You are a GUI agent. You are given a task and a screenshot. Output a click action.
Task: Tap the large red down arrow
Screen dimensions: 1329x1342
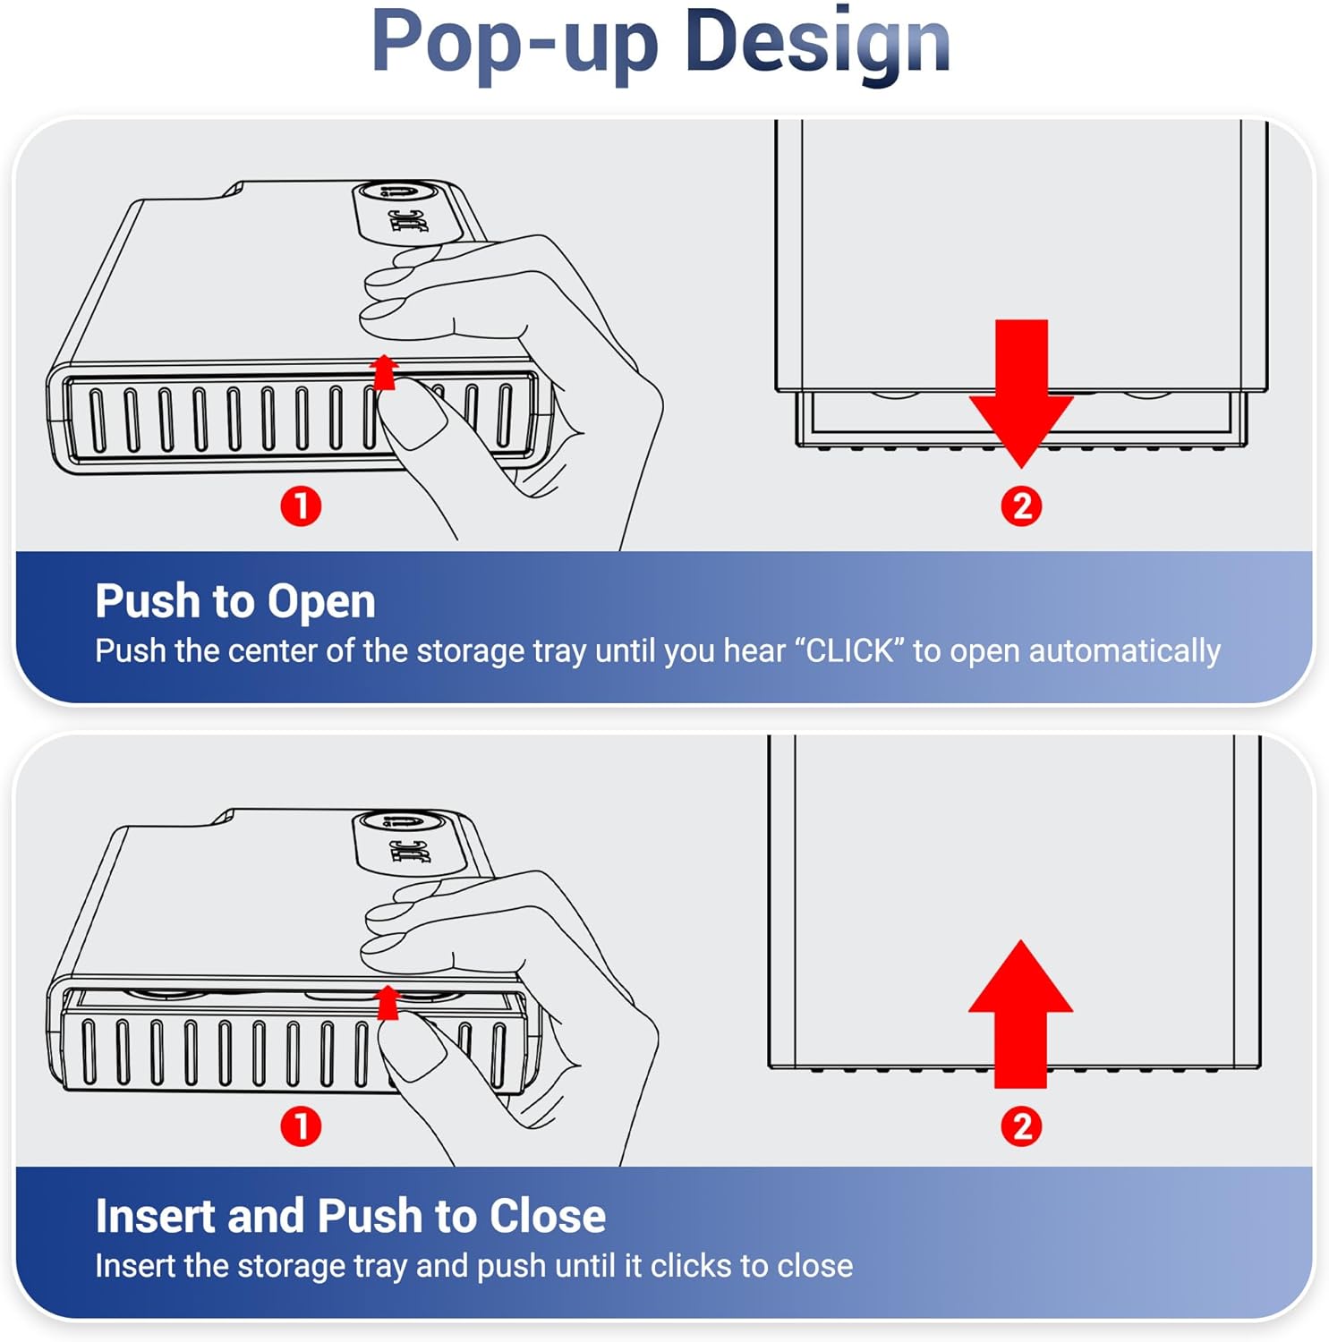[1020, 394]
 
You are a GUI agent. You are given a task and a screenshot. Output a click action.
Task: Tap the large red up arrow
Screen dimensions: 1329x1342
[1020, 1014]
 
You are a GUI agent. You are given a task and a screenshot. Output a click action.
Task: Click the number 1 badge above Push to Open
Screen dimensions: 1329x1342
[301, 505]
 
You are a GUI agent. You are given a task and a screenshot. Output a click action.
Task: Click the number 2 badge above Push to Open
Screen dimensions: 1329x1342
[1021, 505]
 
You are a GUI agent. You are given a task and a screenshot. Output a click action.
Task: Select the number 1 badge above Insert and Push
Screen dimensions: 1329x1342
[301, 1125]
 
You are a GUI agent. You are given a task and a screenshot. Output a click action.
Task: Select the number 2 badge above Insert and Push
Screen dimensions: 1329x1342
[1021, 1125]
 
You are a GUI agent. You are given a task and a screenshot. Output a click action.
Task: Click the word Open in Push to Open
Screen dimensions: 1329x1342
[321, 602]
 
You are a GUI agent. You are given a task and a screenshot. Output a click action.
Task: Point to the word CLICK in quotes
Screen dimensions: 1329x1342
[849, 650]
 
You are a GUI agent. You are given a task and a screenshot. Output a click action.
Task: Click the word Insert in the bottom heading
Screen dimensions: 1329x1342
[155, 1216]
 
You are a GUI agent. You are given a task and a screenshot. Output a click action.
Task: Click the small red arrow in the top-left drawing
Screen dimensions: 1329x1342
[384, 372]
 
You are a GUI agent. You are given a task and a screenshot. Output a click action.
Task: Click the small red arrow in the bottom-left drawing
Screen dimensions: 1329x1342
[388, 1002]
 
